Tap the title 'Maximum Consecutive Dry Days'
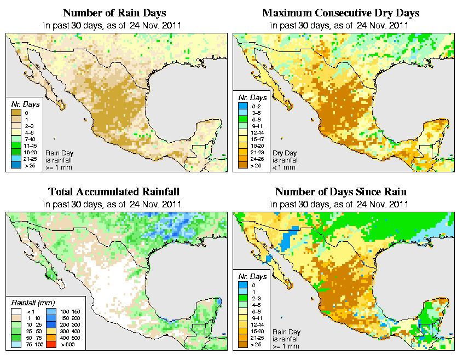pos(340,13)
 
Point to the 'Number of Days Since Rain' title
pos(340,192)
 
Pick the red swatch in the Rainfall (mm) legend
pos(51,346)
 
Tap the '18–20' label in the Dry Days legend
pos(256,145)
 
